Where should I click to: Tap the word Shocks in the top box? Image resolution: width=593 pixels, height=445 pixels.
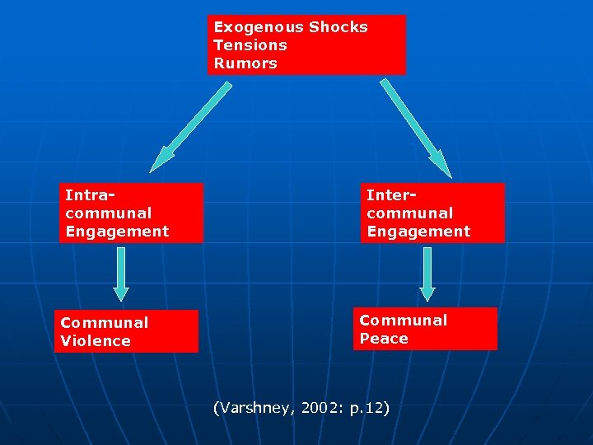coord(339,27)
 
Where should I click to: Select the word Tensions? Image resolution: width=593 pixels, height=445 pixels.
coord(250,45)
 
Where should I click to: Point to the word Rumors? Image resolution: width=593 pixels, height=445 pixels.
coord(245,63)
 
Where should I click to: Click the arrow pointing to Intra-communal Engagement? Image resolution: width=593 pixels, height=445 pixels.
coord(192,124)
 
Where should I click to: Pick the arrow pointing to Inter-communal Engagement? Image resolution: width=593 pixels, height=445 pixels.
coord(415,127)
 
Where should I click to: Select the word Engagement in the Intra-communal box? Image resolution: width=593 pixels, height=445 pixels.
coord(117,232)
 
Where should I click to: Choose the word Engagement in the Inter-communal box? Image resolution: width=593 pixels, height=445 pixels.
coord(418,232)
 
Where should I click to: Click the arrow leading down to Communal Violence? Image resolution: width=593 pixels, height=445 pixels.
coord(121,274)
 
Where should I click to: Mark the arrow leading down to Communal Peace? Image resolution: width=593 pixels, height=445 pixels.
coord(427,274)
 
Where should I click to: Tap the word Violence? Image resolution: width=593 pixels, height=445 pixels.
coord(96,341)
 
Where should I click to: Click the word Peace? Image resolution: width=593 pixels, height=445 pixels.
coord(384,339)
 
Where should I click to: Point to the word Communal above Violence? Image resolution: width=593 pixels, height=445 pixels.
coord(105,323)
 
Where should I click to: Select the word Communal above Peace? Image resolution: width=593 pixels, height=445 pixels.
coord(404,321)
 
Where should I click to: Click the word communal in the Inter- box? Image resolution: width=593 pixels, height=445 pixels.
coord(410,213)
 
